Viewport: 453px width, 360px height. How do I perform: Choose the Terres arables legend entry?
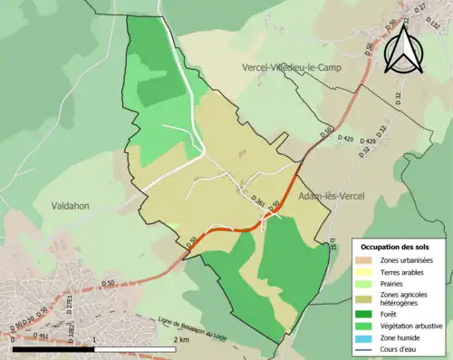[406, 271]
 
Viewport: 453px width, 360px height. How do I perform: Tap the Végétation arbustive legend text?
[414, 325]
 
